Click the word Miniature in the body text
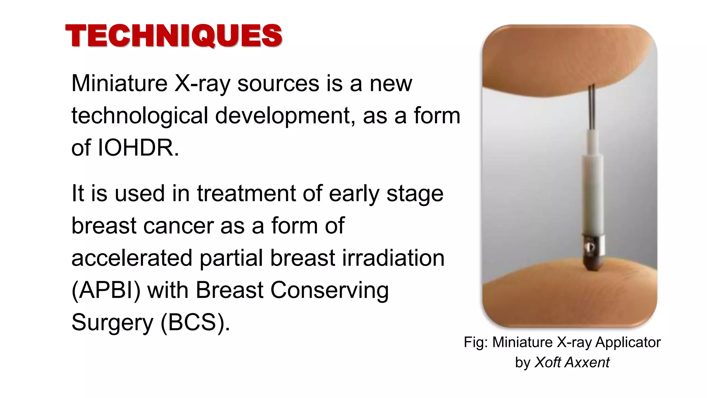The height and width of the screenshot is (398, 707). (119, 84)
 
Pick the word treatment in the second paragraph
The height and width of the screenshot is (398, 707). (246, 193)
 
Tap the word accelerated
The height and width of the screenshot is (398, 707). (132, 258)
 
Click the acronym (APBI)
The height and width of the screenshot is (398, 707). (106, 290)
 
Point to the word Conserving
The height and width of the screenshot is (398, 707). (329, 290)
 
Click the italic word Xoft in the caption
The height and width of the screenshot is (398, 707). (548, 362)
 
